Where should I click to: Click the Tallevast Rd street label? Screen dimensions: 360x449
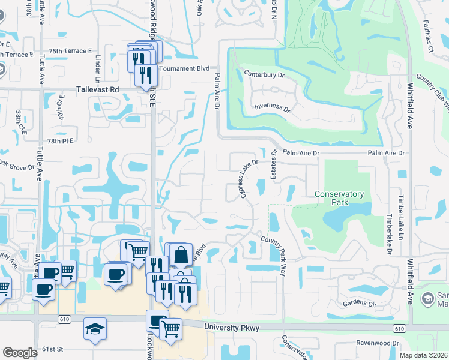tap(98, 89)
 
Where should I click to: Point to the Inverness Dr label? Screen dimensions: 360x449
tap(271, 110)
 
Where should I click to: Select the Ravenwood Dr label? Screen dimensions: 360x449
tap(377, 344)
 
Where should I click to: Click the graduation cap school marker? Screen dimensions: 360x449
tap(95, 329)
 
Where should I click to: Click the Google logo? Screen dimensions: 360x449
tap(20, 353)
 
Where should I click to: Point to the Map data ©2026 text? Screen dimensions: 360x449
tap(424, 355)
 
